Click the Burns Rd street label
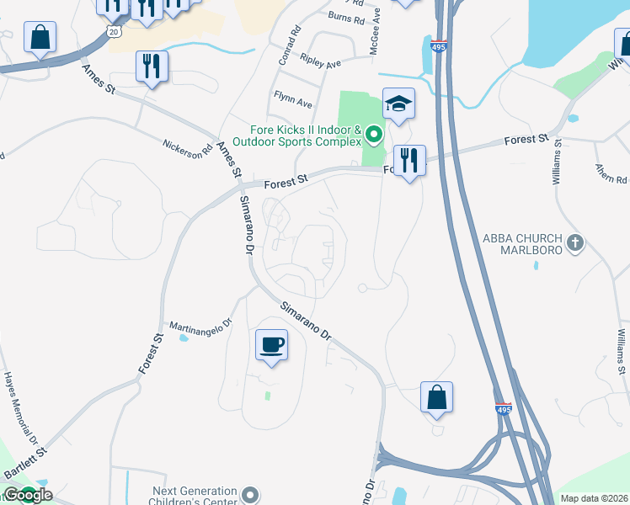point(347,16)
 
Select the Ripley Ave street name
point(320,63)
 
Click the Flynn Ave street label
point(292,104)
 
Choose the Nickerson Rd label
point(188,149)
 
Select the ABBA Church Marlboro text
point(522,244)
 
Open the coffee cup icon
point(271,345)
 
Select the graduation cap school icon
point(398,104)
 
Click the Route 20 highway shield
point(114,31)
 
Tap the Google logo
point(27,495)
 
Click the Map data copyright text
point(594,498)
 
